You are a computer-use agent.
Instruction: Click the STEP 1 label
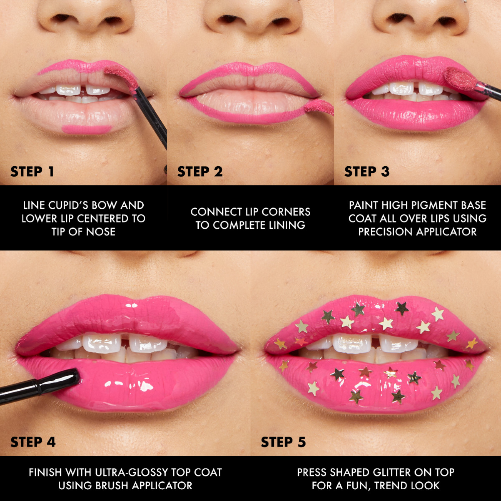click(32, 172)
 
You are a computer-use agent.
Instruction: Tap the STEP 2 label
click(200, 172)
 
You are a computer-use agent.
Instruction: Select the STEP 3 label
click(367, 172)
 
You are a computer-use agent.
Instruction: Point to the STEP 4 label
click(33, 442)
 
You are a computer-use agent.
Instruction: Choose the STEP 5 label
click(283, 442)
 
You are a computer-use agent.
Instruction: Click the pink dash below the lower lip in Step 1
click(86, 129)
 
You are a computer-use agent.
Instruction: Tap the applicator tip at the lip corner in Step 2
click(319, 107)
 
